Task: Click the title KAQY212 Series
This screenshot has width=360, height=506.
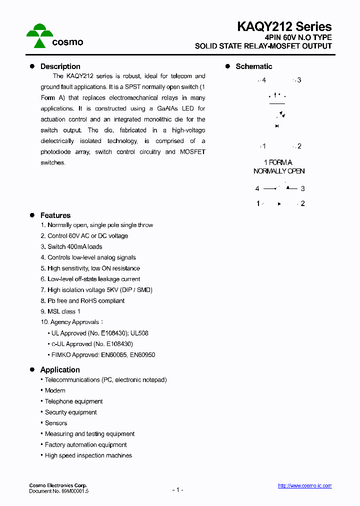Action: coord(284,26)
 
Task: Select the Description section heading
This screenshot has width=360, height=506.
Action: coord(60,66)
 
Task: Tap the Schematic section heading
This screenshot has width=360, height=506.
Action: coord(254,66)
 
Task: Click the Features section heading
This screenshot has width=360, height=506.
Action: coord(55,215)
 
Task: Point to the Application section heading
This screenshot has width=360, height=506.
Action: coord(60,370)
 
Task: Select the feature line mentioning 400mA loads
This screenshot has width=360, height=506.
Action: coord(71,246)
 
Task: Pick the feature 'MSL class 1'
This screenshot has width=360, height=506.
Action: coord(60,311)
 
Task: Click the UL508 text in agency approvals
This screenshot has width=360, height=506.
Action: coord(139,333)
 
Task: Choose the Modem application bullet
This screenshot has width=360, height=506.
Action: coord(55,390)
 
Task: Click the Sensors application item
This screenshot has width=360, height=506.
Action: coord(56,423)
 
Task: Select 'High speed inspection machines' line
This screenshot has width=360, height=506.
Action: coord(88,455)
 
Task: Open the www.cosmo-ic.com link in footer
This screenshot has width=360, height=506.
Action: coord(304,485)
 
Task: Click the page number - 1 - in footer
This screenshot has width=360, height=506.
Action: coord(178,489)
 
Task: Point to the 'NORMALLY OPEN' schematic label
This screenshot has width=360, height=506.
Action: coord(279,171)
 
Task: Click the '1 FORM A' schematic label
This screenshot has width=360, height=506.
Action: coord(278,162)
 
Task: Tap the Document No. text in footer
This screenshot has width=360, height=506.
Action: coord(59,491)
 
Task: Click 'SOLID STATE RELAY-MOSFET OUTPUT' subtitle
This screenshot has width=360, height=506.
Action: coord(263,46)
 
